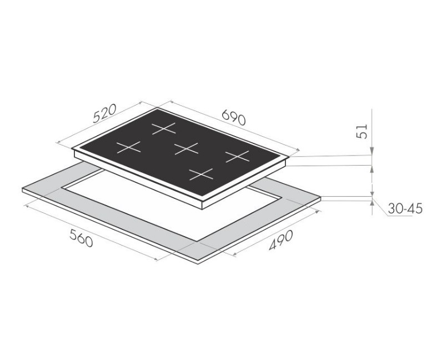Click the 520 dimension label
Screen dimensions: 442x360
pyautogui.click(x=104, y=113)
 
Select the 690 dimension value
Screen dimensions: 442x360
pyautogui.click(x=234, y=117)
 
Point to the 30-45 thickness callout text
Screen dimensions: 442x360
pyautogui.click(x=405, y=209)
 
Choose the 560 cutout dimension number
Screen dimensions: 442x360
pyautogui.click(x=81, y=238)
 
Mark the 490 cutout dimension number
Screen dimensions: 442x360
pyautogui.click(x=281, y=240)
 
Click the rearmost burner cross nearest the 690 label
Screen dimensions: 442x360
pyautogui.click(x=164, y=128)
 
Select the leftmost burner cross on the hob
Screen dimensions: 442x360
pyautogui.click(x=128, y=147)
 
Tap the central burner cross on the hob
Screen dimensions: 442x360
pyautogui.click(x=186, y=148)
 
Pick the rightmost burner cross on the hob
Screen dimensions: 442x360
pyautogui.click(x=237, y=157)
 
